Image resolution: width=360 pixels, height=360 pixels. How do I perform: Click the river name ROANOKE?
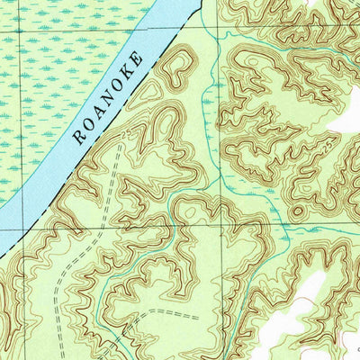[x=107, y=98]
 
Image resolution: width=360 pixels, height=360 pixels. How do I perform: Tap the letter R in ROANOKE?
[x=78, y=138]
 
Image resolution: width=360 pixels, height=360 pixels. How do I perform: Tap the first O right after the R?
[x=87, y=125]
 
